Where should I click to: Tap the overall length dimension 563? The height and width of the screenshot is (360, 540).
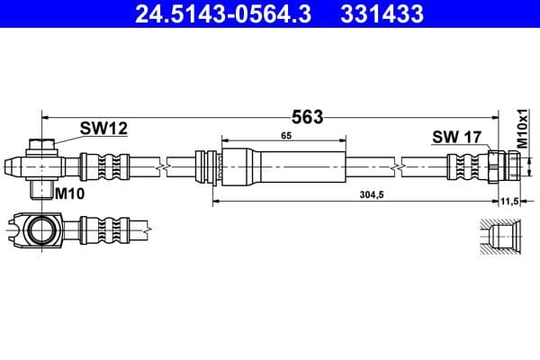[307, 116]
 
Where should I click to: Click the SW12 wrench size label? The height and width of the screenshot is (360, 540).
[103, 129]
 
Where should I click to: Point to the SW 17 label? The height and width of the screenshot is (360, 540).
[457, 137]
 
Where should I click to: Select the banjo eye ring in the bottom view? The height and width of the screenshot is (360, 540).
[40, 230]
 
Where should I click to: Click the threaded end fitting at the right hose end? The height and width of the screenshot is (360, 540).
[503, 166]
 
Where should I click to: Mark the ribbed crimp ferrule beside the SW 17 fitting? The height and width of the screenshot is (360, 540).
[466, 166]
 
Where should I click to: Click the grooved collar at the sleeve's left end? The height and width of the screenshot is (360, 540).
[209, 166]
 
